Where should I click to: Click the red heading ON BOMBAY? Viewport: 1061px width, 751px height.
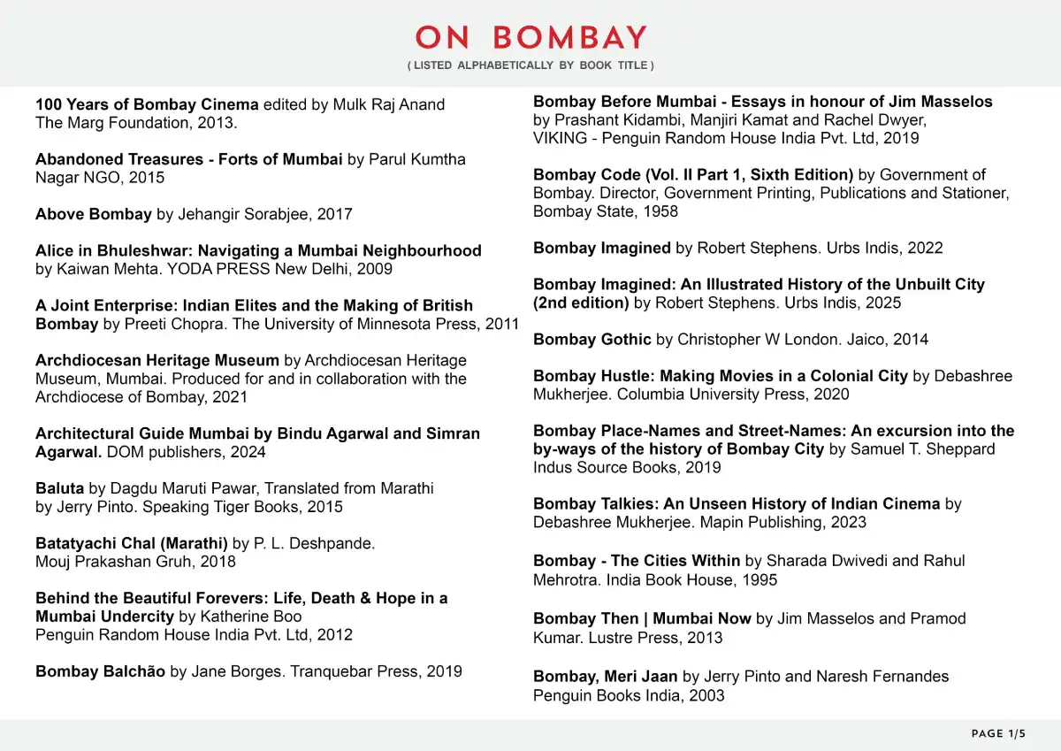coord(531,37)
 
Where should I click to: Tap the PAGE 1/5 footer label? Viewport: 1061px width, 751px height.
coord(998,733)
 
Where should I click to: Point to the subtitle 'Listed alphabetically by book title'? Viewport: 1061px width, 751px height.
coord(530,65)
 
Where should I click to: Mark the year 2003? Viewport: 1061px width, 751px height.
coord(706,695)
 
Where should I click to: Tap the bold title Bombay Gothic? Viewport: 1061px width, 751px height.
coord(592,340)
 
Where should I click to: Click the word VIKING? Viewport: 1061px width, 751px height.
coord(559,138)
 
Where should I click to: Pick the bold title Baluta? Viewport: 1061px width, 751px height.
coord(59,488)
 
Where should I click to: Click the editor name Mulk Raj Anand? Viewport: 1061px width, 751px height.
coord(388,104)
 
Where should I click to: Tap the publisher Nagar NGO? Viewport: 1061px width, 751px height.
coord(73,178)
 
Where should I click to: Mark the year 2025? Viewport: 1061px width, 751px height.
coord(883,303)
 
